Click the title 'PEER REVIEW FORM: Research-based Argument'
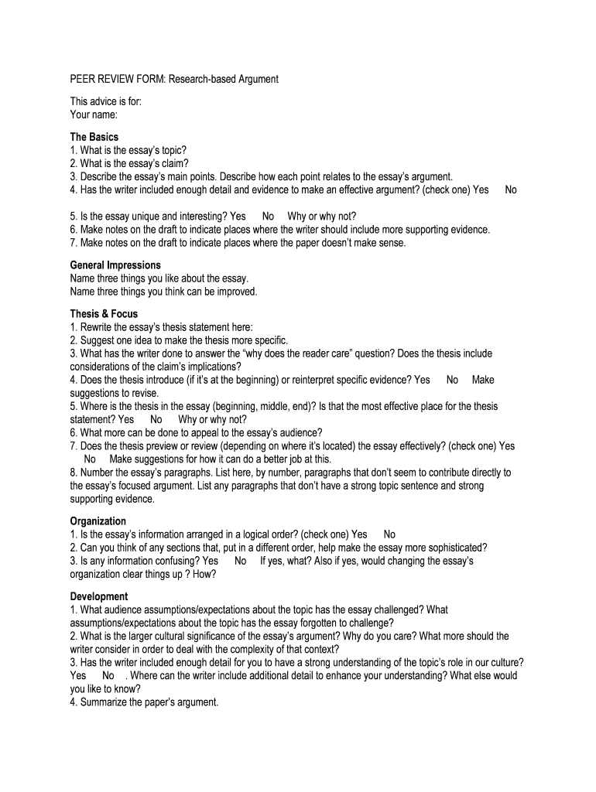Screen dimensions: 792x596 (174, 80)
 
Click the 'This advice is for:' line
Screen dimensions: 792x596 (105, 102)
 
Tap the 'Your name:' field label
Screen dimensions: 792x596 (94, 115)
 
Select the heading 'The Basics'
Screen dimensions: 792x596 (94, 137)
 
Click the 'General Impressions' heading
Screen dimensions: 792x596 (115, 265)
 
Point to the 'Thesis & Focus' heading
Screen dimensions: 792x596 (104, 314)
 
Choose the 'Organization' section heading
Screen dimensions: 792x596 (98, 521)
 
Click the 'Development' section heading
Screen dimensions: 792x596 (99, 597)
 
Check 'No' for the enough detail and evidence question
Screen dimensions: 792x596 (511, 189)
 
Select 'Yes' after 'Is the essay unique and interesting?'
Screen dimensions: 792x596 (238, 217)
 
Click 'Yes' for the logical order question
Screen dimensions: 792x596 (359, 534)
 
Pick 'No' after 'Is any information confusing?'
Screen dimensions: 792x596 (241, 561)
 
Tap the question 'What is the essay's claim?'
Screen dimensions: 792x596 (129, 163)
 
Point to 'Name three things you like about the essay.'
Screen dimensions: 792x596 (159, 278)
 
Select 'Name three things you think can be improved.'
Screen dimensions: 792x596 (163, 292)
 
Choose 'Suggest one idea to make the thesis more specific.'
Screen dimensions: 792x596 (179, 340)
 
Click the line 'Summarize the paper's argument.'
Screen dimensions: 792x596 (145, 703)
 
